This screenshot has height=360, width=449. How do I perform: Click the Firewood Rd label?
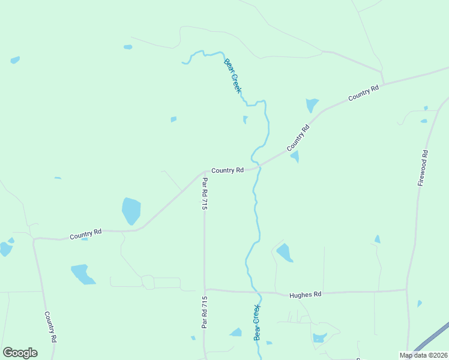tap(423, 167)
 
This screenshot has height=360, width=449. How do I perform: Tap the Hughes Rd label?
tap(306, 295)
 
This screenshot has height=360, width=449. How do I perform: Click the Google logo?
tap(20, 353)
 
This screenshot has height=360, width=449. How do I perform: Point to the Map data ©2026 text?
tap(424, 355)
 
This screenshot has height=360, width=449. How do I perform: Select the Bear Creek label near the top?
tap(233, 75)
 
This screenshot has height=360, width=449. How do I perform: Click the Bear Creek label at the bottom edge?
tap(258, 322)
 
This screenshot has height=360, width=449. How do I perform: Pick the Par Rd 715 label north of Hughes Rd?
tap(205, 193)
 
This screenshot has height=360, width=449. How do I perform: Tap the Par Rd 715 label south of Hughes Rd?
tap(205, 312)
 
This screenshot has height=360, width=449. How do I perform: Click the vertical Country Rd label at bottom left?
tap(50, 326)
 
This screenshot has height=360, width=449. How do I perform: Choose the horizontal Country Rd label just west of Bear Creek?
tap(227, 170)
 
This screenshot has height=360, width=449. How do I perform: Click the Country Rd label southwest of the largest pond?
tap(85, 234)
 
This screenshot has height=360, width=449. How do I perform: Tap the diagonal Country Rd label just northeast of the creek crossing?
tap(298, 137)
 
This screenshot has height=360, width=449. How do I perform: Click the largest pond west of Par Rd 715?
tap(131, 211)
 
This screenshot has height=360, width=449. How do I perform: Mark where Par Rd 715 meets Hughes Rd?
tap(205, 290)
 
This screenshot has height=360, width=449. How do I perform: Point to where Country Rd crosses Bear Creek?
tap(258, 166)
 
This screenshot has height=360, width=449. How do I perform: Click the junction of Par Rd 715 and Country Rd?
tap(204, 172)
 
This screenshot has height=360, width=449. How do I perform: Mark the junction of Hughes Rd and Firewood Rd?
tap(407, 290)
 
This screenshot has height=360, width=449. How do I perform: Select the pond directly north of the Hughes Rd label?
tap(285, 253)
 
